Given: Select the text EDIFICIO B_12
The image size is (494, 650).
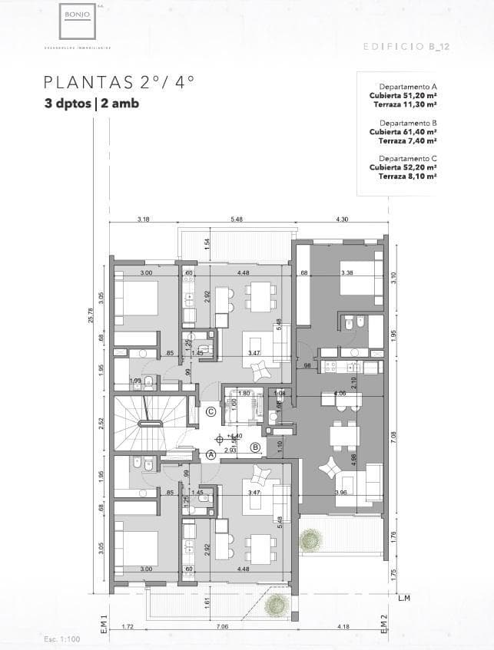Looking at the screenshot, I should [404, 47].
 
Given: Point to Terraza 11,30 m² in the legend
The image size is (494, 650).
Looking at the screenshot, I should [405, 104].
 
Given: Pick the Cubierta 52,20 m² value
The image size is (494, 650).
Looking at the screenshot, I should [403, 167].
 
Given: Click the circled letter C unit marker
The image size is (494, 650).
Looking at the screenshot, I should [211, 411].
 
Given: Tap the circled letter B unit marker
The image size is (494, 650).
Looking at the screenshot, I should [255, 447].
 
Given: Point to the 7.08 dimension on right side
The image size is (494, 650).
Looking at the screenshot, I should [393, 437].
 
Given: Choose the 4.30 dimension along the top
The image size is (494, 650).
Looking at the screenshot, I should [342, 219].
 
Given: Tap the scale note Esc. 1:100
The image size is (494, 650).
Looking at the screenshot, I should [60, 638].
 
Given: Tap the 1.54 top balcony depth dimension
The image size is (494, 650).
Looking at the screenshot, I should [207, 243].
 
